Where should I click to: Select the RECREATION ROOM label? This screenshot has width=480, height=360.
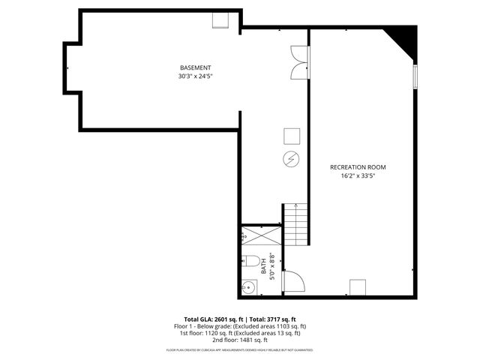(x=358, y=166)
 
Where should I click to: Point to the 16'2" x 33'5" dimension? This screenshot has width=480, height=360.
(x=358, y=176)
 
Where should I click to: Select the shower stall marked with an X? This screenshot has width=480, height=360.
(x=260, y=236)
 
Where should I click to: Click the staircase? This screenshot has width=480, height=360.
(x=296, y=224)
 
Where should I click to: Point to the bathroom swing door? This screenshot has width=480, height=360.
(x=293, y=282)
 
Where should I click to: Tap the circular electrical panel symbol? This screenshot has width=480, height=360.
(x=291, y=159)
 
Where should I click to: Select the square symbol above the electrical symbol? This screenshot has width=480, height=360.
(x=291, y=136)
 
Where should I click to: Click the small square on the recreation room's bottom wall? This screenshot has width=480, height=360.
(x=358, y=287)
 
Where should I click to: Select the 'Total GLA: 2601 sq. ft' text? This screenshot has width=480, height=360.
(x=214, y=319)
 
